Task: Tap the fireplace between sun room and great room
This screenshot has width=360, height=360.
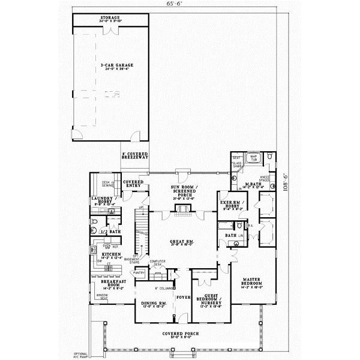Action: pos(181,209)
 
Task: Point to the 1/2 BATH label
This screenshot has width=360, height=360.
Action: pos(112,231)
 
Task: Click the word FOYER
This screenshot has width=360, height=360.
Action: pos(182,296)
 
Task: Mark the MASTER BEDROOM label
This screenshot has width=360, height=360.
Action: pos(252,283)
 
